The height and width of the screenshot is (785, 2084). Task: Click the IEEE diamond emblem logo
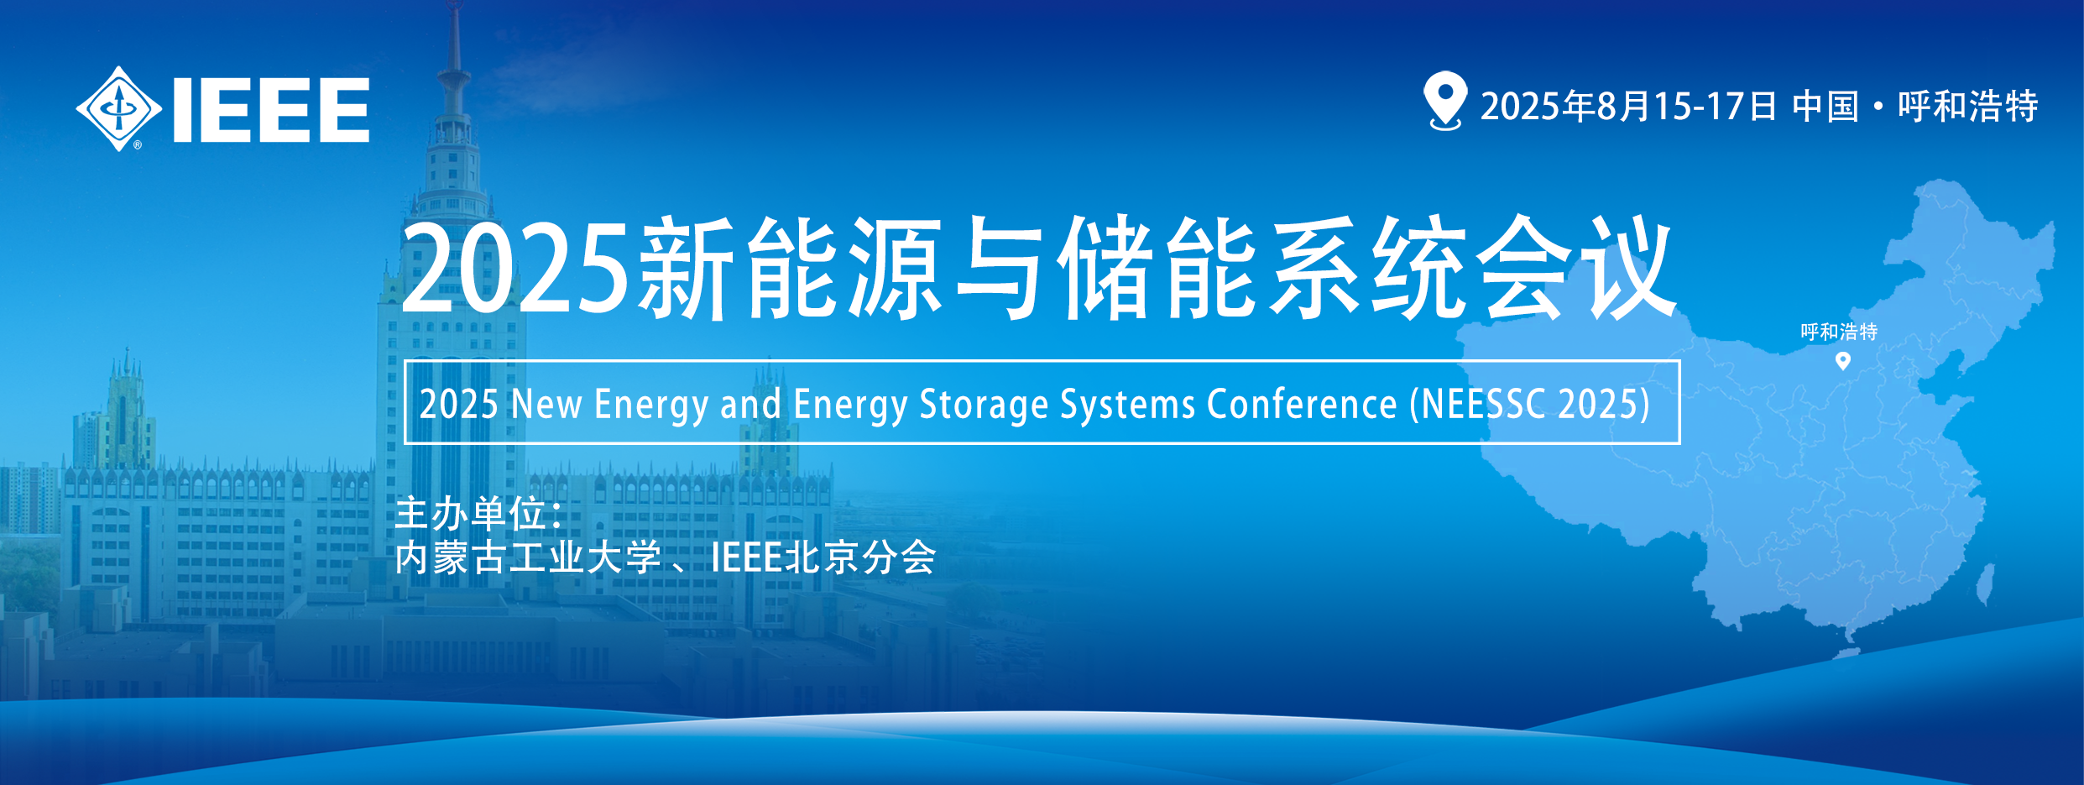(x=118, y=109)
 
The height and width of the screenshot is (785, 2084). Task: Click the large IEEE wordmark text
(x=271, y=110)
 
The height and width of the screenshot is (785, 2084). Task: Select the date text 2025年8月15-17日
(x=1628, y=107)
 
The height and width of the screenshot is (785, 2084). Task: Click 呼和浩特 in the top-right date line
(x=1967, y=107)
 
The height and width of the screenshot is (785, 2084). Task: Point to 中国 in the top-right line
(x=1825, y=107)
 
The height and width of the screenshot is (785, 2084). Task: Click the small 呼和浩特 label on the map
(x=1839, y=332)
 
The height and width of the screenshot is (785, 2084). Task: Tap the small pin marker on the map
(x=1843, y=361)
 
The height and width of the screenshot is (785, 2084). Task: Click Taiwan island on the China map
(x=1985, y=584)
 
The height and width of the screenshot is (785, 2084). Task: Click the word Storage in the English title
(x=984, y=405)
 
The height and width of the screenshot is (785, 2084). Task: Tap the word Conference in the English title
(x=1302, y=405)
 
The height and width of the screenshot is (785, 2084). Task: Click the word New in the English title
(x=546, y=405)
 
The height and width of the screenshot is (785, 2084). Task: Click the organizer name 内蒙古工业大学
(x=528, y=557)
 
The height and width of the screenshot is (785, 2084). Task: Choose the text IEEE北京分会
(x=823, y=557)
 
